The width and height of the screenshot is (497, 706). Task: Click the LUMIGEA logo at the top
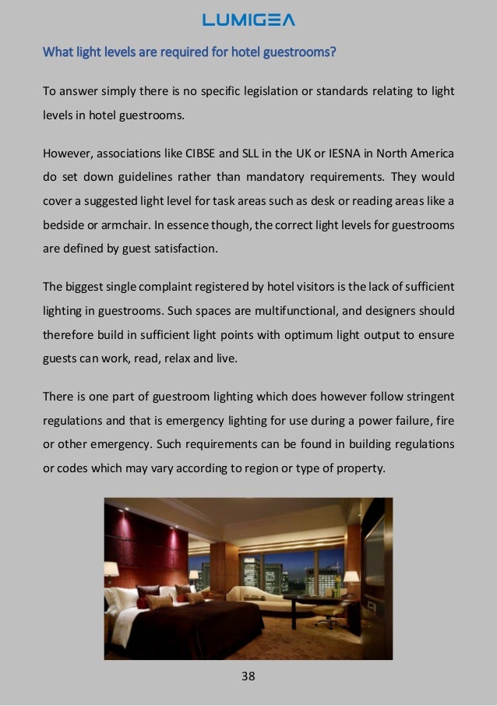click(x=248, y=20)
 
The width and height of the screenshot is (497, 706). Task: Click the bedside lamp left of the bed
click(x=111, y=570)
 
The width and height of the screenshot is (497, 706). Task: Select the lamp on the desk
click(x=351, y=578)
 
